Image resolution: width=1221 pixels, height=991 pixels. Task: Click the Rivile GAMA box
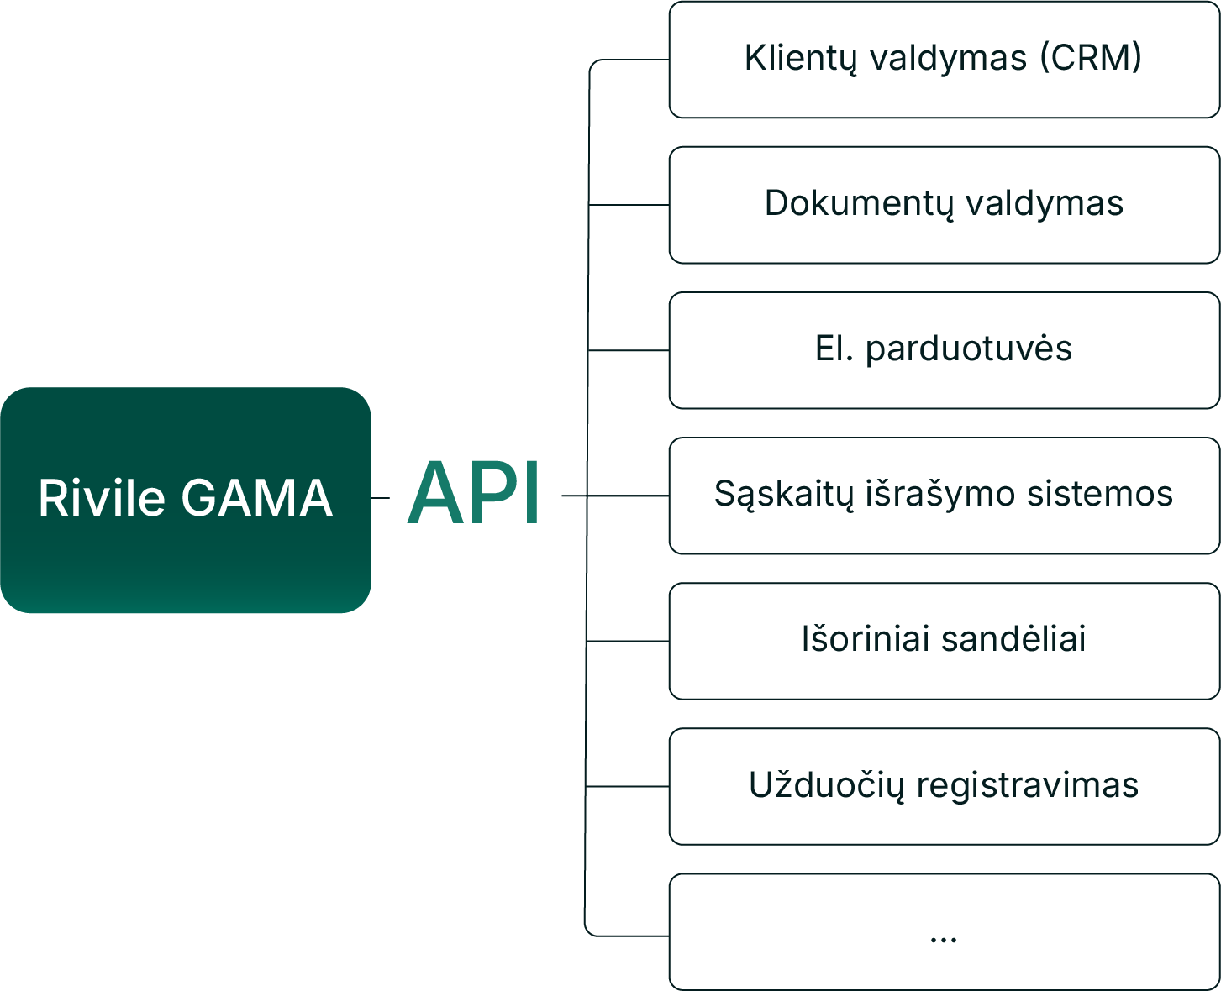185,500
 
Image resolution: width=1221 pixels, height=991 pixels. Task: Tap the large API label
474,495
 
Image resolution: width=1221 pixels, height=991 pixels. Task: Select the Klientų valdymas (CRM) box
943,60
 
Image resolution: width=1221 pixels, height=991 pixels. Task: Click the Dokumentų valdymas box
943,205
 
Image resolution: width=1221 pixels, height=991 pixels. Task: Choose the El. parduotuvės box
943,350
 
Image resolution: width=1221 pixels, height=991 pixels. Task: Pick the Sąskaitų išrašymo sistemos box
943,495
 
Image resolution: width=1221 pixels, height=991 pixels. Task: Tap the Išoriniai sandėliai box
943,641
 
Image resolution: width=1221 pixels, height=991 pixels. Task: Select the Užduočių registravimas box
943,786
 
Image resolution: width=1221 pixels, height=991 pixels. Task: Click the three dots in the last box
944,939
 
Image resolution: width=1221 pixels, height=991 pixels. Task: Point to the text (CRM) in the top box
1091,58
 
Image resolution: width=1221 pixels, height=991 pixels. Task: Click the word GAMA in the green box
257,497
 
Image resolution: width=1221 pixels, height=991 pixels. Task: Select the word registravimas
1027,785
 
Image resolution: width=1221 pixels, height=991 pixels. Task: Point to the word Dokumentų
859,204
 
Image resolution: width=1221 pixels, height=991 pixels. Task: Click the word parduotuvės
969,349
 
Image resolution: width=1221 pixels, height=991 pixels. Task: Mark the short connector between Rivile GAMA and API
381,497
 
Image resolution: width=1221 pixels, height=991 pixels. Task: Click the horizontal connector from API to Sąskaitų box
615,495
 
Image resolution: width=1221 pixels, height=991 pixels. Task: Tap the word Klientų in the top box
802,59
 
